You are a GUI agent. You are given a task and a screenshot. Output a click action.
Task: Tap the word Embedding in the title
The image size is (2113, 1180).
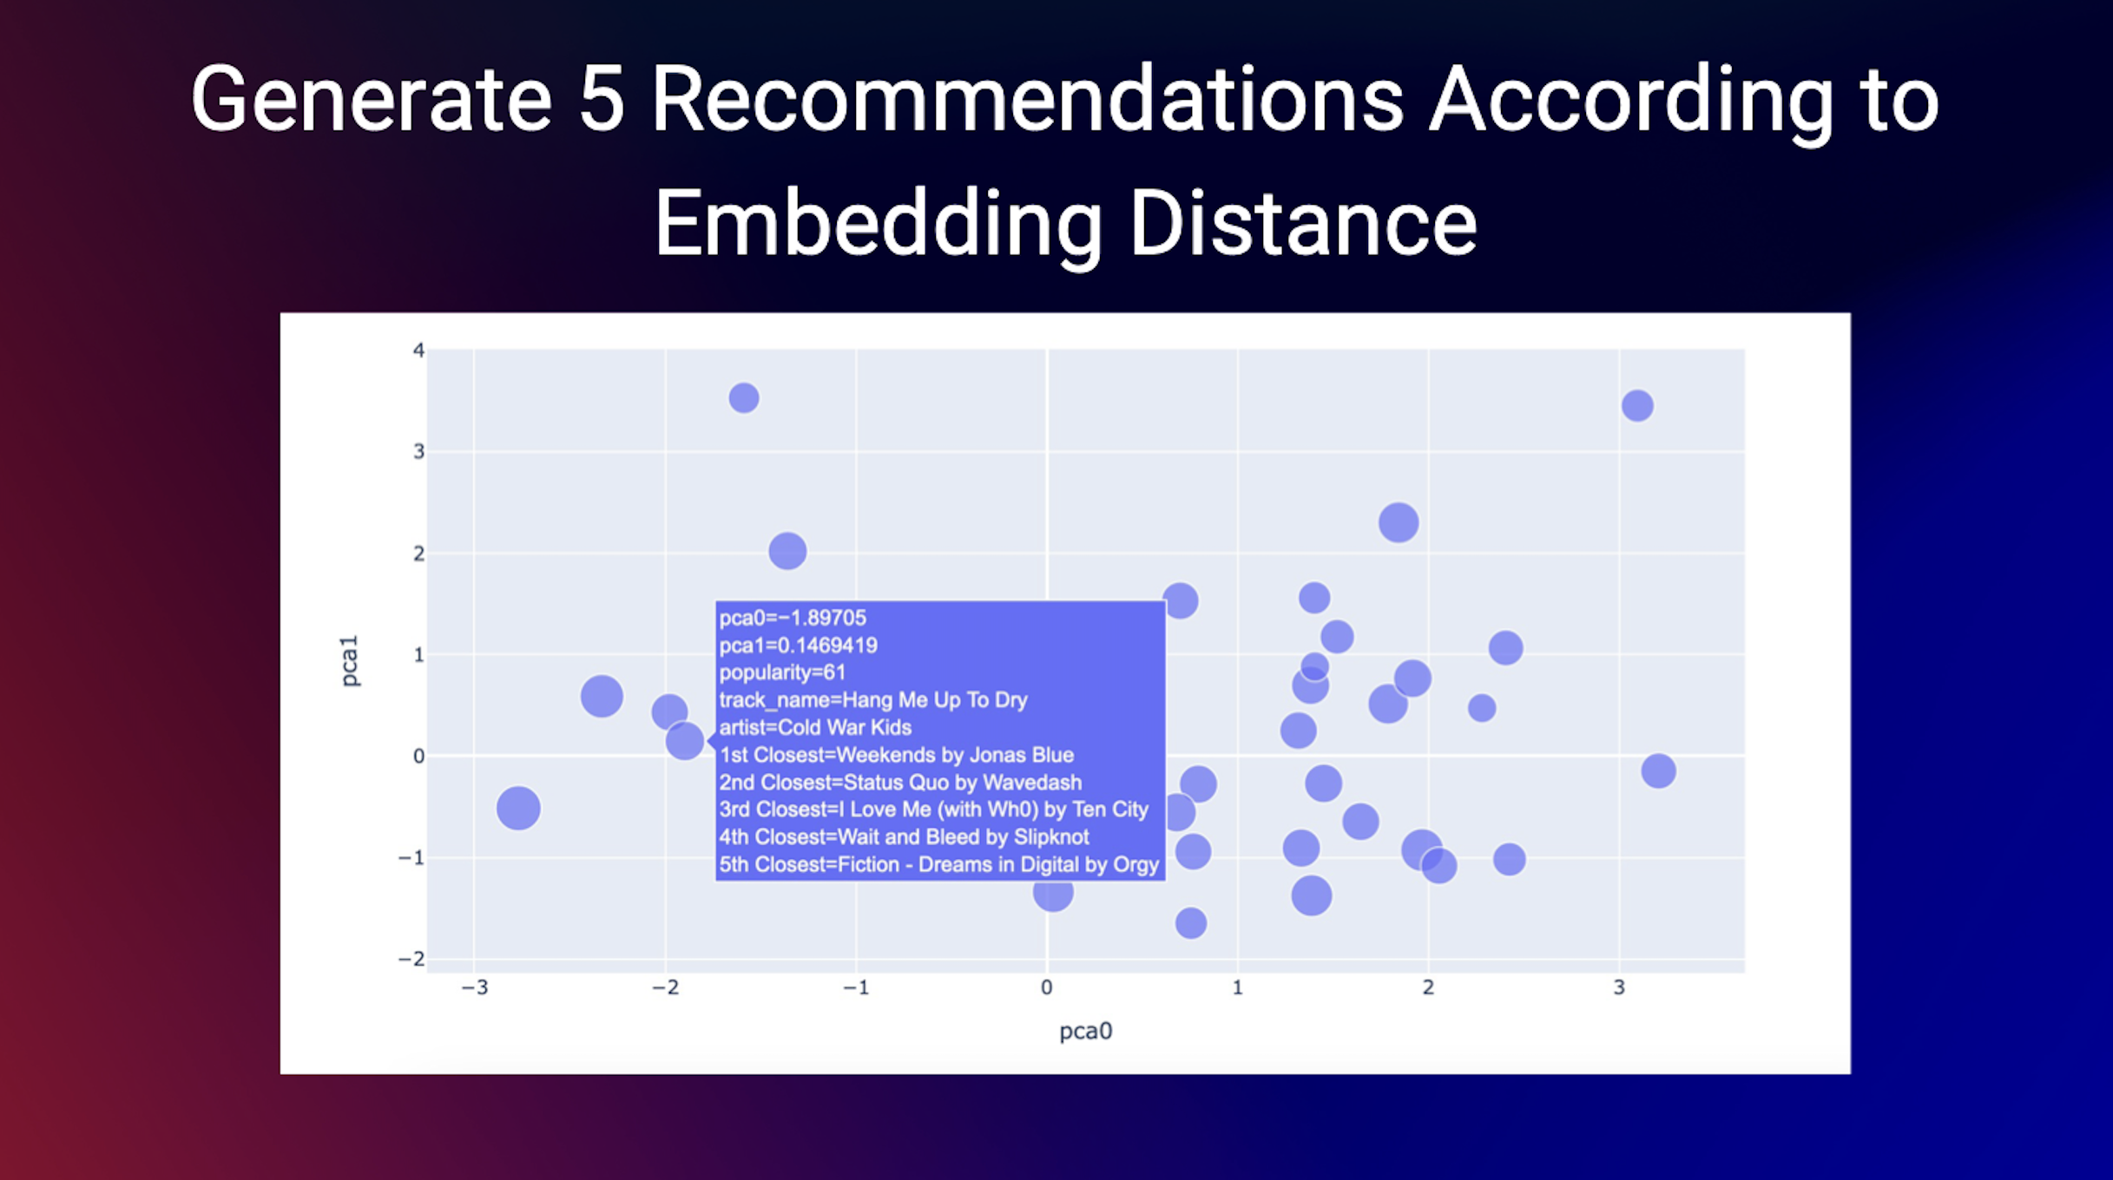(x=877, y=224)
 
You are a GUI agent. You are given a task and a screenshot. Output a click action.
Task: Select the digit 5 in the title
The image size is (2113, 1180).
(x=602, y=100)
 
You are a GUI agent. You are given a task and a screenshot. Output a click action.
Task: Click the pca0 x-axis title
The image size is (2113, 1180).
(x=1085, y=1031)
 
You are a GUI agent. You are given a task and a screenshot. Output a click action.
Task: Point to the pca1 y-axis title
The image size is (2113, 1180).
(x=349, y=661)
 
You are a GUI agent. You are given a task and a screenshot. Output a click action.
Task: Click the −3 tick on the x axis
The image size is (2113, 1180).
(x=474, y=987)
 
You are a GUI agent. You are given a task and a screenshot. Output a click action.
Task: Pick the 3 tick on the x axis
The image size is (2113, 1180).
(x=1618, y=987)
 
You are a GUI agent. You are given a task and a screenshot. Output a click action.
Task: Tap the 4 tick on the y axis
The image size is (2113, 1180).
(x=418, y=351)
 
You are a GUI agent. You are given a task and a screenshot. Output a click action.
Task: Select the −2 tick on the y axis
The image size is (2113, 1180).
(x=411, y=959)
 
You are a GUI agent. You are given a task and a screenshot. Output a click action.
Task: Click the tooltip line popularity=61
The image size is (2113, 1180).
(x=782, y=672)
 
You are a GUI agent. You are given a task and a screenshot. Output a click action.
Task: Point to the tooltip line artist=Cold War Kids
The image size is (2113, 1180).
(x=815, y=727)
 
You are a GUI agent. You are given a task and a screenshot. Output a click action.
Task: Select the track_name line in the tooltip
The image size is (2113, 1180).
(x=872, y=700)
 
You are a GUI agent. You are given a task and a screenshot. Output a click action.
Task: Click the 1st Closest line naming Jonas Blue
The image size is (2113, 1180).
(x=896, y=755)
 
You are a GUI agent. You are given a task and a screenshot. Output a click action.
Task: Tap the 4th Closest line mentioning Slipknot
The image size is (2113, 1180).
(x=904, y=837)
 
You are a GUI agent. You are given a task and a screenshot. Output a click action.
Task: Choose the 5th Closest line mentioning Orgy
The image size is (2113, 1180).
(x=938, y=865)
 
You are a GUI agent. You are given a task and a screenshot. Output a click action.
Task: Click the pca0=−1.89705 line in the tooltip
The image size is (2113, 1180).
(x=793, y=618)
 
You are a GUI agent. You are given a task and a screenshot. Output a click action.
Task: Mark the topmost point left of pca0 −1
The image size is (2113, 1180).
(x=744, y=398)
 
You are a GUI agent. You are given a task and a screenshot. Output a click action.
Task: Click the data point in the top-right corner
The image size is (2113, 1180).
(x=1637, y=405)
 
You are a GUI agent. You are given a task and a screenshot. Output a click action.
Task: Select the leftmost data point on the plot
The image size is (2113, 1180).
(x=518, y=808)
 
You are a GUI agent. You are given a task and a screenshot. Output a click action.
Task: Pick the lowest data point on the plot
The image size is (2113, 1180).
(x=1191, y=923)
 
